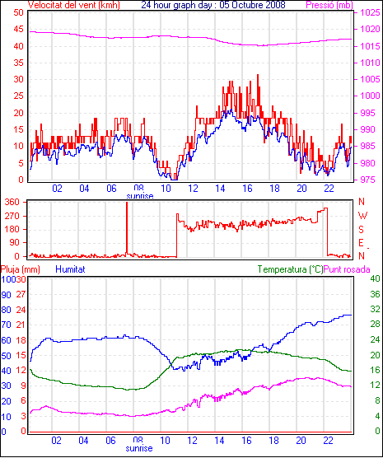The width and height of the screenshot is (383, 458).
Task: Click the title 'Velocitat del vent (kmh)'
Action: click(x=73, y=5)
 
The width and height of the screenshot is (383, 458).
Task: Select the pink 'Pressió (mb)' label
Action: click(x=329, y=5)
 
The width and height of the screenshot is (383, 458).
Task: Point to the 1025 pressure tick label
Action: click(x=370, y=12)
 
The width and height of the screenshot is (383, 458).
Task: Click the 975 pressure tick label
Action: click(x=370, y=180)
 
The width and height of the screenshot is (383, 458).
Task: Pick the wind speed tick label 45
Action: click(x=18, y=29)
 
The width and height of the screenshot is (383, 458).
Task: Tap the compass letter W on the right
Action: click(x=362, y=216)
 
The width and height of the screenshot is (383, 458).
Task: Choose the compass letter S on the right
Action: click(x=362, y=230)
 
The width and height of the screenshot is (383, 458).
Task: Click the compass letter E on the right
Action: click(x=362, y=243)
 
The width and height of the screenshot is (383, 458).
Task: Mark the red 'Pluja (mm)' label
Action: click(x=20, y=269)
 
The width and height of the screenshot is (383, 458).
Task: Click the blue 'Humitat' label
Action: click(x=70, y=269)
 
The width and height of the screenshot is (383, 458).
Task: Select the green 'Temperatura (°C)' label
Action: click(x=291, y=269)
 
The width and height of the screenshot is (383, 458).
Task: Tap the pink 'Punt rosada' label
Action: click(x=347, y=269)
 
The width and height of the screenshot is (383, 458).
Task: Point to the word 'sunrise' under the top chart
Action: click(x=140, y=196)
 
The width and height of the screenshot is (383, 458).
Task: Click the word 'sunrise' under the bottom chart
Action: click(x=139, y=448)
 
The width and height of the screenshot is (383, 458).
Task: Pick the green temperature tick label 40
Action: click(x=375, y=278)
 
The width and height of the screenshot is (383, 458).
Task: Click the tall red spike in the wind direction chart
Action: click(x=127, y=228)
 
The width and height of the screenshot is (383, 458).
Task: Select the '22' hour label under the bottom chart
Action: click(x=329, y=440)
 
